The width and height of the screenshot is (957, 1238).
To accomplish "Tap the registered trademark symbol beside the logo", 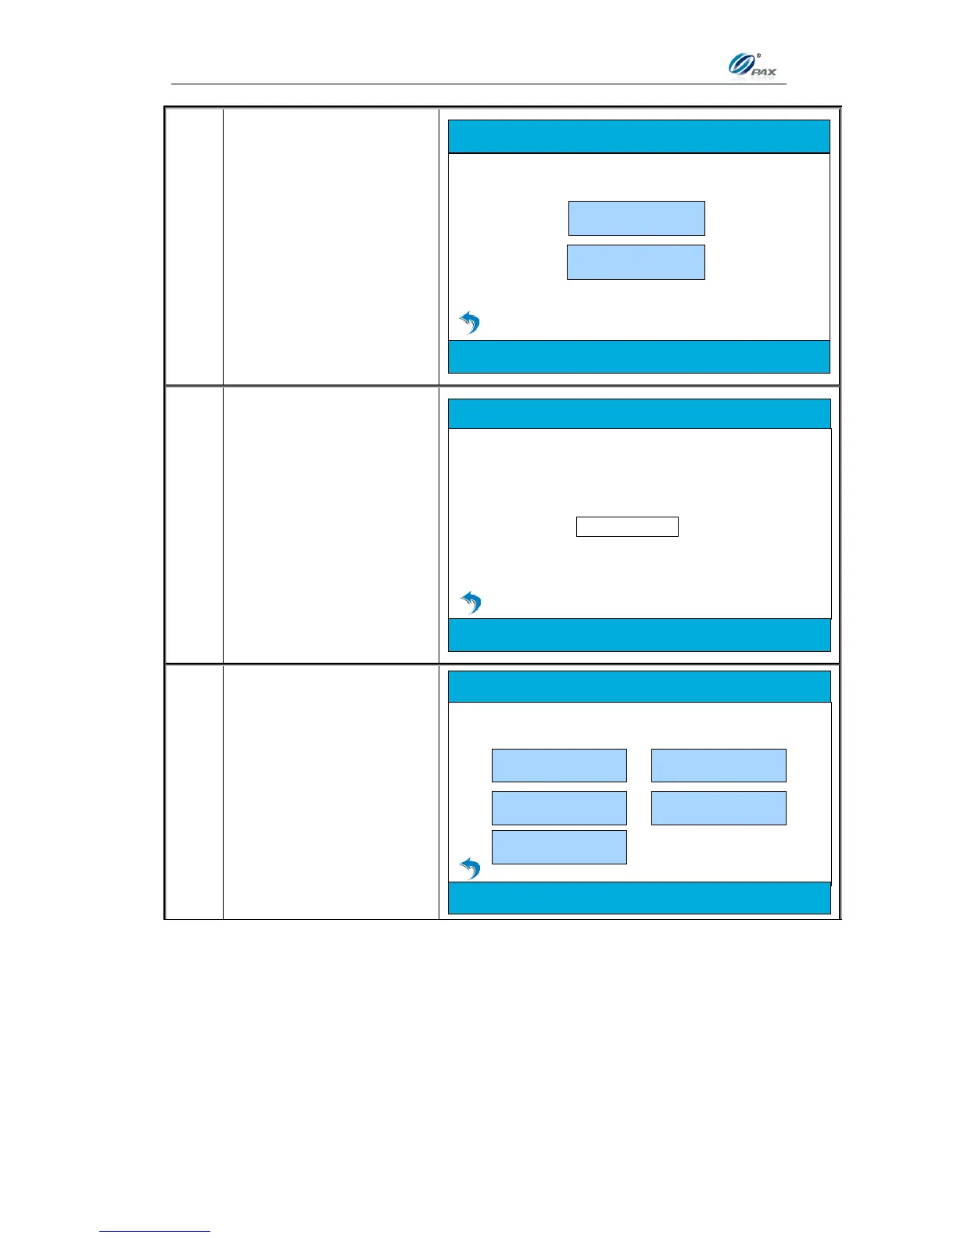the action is pyautogui.click(x=758, y=55).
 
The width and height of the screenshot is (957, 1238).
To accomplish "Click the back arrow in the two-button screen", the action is pyautogui.click(x=469, y=322).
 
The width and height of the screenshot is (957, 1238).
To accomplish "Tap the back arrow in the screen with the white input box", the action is pyautogui.click(x=471, y=602).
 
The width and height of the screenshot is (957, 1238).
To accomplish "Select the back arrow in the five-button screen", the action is pyautogui.click(x=470, y=868).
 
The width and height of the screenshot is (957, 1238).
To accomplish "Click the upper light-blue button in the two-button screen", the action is pyautogui.click(x=636, y=218).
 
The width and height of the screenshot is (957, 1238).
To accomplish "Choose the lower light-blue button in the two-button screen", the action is pyautogui.click(x=636, y=262).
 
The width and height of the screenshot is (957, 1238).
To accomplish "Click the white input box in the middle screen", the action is pyautogui.click(x=627, y=527).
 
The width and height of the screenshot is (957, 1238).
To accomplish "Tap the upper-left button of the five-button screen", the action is pyautogui.click(x=559, y=765).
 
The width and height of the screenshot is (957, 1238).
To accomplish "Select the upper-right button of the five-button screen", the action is pyautogui.click(x=719, y=765).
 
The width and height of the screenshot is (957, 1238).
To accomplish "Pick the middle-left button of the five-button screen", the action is pyautogui.click(x=559, y=808).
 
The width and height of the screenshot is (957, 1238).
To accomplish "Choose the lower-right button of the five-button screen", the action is pyautogui.click(x=719, y=808).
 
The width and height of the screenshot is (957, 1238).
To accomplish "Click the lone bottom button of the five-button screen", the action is pyautogui.click(x=559, y=847).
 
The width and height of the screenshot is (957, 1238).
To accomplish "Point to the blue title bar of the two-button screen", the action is pyautogui.click(x=639, y=137).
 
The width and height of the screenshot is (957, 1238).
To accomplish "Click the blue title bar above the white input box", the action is pyautogui.click(x=639, y=414).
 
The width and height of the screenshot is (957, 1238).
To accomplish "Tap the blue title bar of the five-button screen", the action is pyautogui.click(x=639, y=686).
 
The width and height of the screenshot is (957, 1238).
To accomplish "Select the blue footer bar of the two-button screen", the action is pyautogui.click(x=639, y=356).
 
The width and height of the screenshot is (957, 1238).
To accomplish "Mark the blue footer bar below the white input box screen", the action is pyautogui.click(x=639, y=635).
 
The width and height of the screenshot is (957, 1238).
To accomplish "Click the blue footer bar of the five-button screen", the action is pyautogui.click(x=639, y=898).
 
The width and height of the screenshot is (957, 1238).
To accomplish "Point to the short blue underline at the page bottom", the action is pyautogui.click(x=155, y=1232).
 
